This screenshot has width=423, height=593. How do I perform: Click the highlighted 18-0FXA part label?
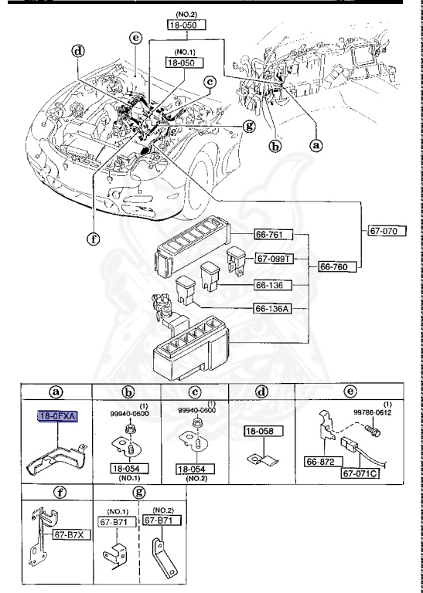click(x=58, y=417)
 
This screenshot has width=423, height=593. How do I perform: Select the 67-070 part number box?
click(x=387, y=231)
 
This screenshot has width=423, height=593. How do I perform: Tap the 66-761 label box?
click(x=274, y=235)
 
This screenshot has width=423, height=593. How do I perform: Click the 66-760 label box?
click(x=337, y=266)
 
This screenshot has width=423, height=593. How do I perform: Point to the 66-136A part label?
click(x=273, y=309)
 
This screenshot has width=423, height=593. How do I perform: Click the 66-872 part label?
click(x=323, y=462)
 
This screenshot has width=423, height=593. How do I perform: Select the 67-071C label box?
click(x=361, y=473)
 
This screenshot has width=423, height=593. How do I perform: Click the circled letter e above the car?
click(x=135, y=38)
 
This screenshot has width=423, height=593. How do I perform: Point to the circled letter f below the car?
click(x=93, y=239)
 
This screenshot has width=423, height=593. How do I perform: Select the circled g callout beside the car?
click(x=249, y=125)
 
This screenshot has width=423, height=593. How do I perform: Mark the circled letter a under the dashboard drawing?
click(x=316, y=144)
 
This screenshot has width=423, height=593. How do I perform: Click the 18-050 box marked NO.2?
click(x=186, y=25)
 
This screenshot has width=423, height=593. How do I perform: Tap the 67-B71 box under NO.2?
click(x=162, y=520)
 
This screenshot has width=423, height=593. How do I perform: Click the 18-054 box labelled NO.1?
click(x=129, y=469)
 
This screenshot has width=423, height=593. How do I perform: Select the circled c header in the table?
click(x=195, y=392)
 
